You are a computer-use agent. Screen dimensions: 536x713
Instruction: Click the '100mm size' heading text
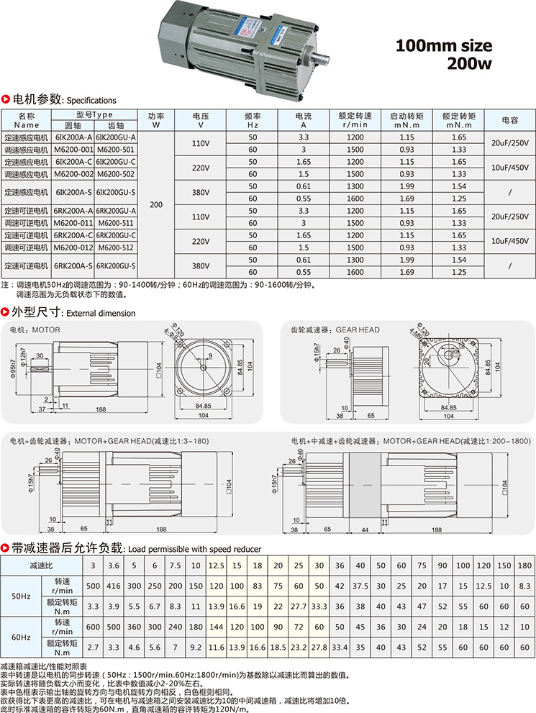click(444, 45)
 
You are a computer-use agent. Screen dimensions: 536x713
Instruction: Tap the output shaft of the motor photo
click(319, 60)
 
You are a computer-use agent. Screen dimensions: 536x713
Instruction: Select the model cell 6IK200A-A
click(73, 137)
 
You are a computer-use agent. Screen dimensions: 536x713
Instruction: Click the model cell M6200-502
click(116, 174)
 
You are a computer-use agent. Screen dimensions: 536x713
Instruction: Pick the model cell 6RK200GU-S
click(116, 266)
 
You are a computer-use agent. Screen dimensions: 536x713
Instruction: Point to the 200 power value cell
click(156, 204)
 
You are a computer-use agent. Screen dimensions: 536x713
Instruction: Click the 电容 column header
click(509, 120)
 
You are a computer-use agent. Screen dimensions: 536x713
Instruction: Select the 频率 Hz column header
click(253, 120)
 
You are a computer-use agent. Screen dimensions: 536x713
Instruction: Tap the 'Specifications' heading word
click(91, 101)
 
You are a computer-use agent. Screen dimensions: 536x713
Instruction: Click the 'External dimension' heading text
click(101, 313)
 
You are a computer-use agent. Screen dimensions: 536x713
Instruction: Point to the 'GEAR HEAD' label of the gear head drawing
click(358, 330)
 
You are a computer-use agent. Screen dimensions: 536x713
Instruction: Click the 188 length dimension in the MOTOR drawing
click(101, 409)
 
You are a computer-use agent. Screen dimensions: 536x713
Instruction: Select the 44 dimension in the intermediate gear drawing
click(365, 530)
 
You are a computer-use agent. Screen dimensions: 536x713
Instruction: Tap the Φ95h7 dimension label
click(13, 369)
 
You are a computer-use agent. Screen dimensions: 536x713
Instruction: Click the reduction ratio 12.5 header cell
click(217, 566)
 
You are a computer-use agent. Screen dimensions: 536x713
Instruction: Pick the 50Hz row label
click(21, 596)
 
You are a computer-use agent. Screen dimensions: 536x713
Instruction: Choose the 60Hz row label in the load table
click(21, 637)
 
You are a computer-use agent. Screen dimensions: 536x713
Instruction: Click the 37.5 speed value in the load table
click(360, 586)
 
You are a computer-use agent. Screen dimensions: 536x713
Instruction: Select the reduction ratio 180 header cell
click(524, 566)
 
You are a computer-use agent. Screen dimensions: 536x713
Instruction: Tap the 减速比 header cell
click(42, 566)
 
